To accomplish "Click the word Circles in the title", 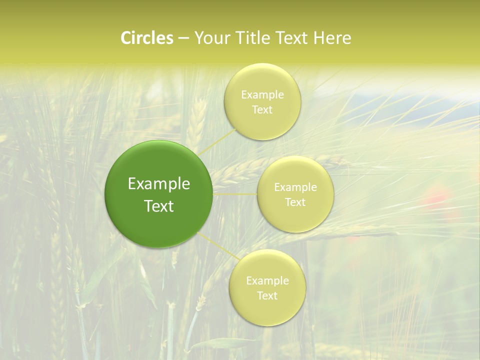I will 146,38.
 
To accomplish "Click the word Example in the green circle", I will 159,184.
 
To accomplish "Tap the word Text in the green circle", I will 159,206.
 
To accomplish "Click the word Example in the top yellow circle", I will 262,95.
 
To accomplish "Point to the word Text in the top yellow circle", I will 262,109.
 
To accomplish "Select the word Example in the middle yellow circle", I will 295,187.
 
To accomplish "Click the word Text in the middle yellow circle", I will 295,202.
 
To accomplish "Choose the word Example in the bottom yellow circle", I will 267,281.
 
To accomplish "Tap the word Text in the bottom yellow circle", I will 267,295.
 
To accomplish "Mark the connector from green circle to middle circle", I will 235,194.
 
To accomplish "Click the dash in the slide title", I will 183,38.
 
